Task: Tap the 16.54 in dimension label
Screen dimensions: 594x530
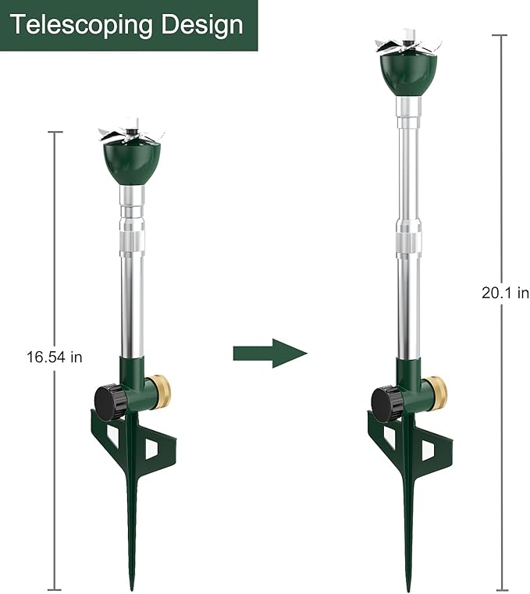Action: point(54,357)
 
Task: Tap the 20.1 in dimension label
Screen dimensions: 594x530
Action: point(505,293)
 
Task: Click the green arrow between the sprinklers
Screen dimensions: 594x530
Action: point(269,353)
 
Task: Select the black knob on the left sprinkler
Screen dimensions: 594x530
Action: point(110,401)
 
